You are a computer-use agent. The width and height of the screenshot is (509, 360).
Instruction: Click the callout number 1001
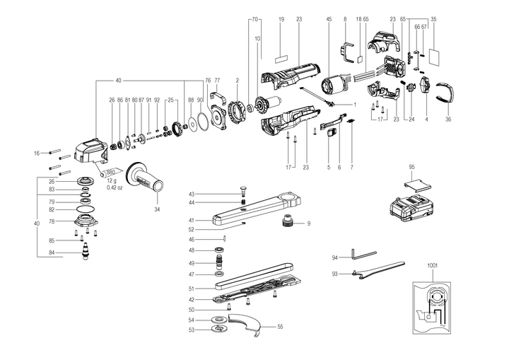coord(433,265)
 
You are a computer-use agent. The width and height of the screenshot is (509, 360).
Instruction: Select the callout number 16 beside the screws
coord(36,153)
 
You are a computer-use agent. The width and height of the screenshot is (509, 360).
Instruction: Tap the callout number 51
coord(192,289)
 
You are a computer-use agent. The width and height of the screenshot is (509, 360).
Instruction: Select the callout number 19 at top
coord(281,19)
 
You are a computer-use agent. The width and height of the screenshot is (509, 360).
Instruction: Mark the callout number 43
coord(191,194)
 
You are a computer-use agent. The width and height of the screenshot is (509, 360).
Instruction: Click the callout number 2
coord(238,81)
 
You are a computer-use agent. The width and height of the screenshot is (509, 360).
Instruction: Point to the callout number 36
coord(448,120)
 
